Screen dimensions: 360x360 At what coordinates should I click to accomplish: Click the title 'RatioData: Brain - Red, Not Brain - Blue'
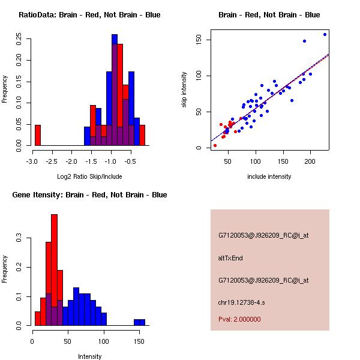pyautogui.click(x=89, y=15)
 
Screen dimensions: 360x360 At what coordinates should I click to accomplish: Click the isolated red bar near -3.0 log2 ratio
pyautogui.click(x=38, y=135)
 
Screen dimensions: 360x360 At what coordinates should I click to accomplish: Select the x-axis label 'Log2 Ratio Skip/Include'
pyautogui.click(x=89, y=176)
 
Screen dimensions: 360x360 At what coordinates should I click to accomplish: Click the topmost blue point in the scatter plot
pyautogui.click(x=325, y=34)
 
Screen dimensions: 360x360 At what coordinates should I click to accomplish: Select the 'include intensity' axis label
pyautogui.click(x=269, y=176)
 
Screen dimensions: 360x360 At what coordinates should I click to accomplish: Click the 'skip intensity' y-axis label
pyautogui.click(x=184, y=90)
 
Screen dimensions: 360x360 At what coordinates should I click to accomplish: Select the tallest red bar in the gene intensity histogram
pyautogui.click(x=55, y=269)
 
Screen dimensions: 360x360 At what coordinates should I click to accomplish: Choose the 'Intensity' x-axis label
pyautogui.click(x=89, y=356)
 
